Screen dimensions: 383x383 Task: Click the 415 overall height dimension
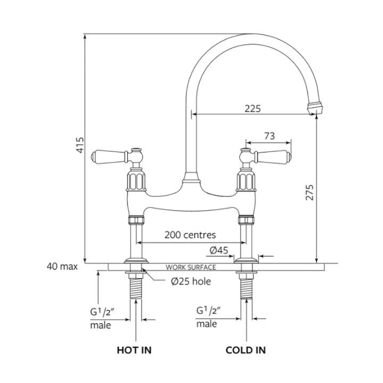tap(80, 145)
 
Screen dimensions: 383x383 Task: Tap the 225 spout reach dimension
tap(253, 109)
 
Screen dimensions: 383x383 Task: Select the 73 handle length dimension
tap(269, 136)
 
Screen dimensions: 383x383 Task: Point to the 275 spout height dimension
tap(310, 193)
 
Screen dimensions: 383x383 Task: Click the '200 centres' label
tap(190, 235)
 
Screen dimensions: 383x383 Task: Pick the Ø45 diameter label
tap(219, 250)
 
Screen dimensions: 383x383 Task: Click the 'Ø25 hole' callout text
tap(191, 281)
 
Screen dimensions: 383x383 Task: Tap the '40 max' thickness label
tap(62, 267)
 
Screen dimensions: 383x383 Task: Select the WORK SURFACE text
tap(191, 268)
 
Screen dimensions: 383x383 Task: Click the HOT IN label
tap(134, 350)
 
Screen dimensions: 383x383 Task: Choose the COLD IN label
tap(246, 350)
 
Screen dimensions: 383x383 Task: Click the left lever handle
tap(109, 156)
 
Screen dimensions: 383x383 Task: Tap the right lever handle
tap(272, 156)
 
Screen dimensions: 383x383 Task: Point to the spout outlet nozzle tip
tap(315, 108)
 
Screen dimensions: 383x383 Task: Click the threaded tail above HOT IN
tap(136, 289)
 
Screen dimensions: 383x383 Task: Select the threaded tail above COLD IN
tap(246, 289)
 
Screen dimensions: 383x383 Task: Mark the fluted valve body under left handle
tap(136, 181)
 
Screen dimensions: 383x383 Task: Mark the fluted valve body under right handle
tap(246, 181)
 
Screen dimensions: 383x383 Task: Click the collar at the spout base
tap(191, 178)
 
